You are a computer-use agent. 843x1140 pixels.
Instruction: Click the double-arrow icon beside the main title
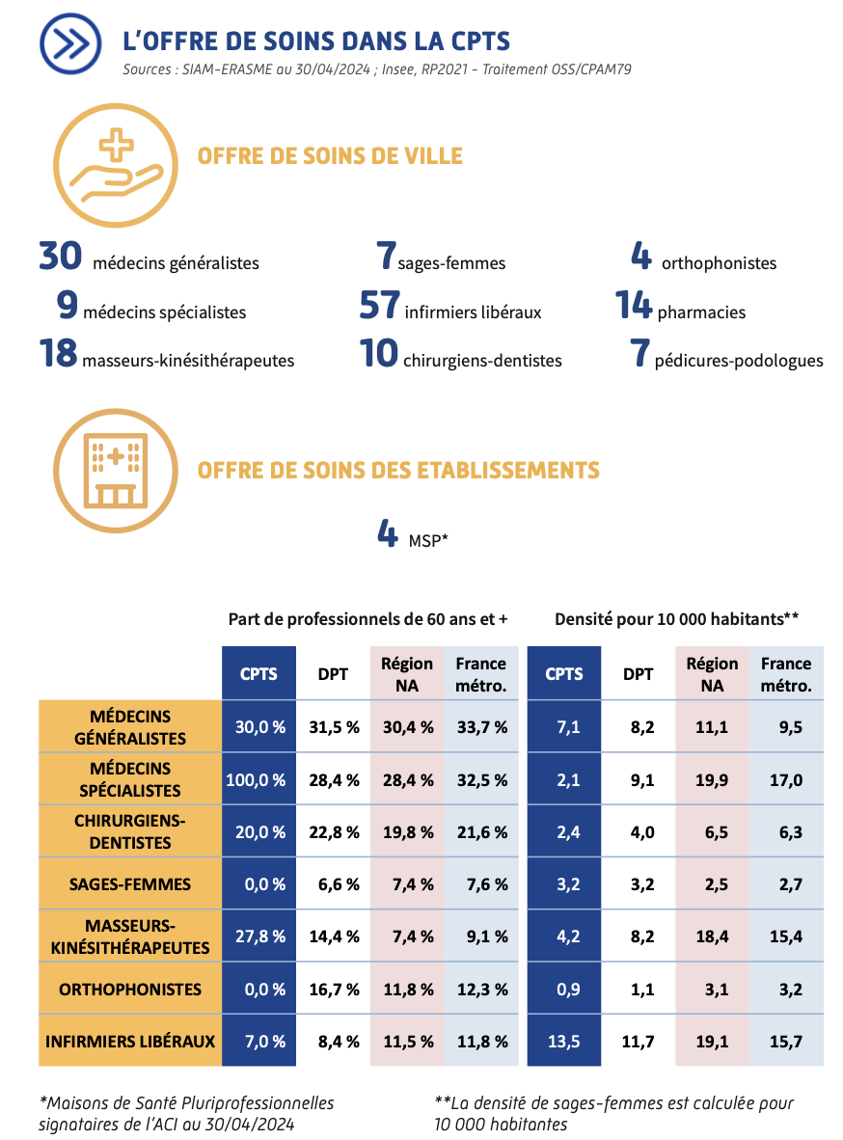[x=70, y=43]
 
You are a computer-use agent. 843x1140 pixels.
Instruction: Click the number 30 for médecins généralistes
[x=60, y=257]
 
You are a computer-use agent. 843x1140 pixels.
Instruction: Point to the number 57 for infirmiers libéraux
[x=379, y=306]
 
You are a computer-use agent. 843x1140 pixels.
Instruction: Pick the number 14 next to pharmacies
[x=635, y=306]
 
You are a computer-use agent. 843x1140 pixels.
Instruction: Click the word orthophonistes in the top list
[x=719, y=263]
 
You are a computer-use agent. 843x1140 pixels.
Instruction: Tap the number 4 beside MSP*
[x=388, y=533]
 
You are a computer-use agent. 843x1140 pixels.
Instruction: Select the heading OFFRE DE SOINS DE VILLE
[x=330, y=156]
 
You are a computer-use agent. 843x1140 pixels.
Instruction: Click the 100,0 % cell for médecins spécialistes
[x=257, y=779]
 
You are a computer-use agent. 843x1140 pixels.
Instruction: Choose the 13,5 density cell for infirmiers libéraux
[x=563, y=1041]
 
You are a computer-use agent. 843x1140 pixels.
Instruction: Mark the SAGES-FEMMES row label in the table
[x=130, y=883]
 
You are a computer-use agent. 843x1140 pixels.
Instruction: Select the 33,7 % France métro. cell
[x=481, y=727]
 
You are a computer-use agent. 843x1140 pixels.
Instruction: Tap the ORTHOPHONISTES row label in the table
[x=130, y=989]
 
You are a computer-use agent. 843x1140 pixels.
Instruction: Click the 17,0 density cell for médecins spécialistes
[x=785, y=779]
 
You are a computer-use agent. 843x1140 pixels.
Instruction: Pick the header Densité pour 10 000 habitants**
[x=676, y=618]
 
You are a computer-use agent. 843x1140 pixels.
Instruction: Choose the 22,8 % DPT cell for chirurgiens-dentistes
[x=334, y=831]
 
